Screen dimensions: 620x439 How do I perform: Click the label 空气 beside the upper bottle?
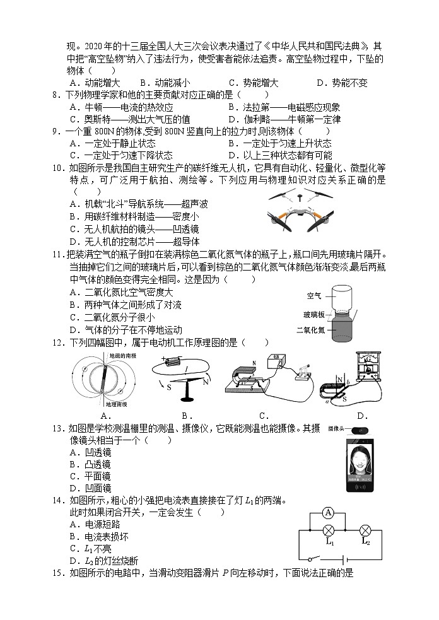click(313, 296)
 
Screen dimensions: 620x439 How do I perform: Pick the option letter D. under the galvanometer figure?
click(362, 416)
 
